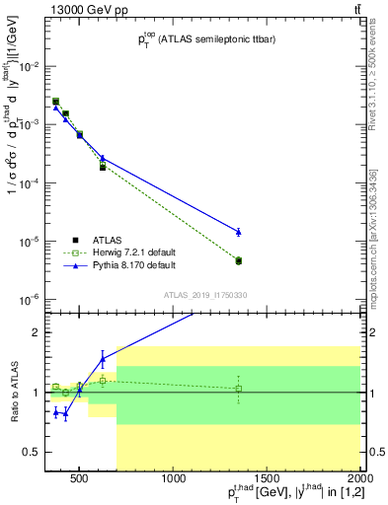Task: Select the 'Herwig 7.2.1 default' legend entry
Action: [x=130, y=252]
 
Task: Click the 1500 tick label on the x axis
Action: [x=268, y=480]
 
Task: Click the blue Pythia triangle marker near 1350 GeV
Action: [x=239, y=232]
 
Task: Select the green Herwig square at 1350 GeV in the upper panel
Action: [x=239, y=260]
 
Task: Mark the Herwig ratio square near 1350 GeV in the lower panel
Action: [x=239, y=389]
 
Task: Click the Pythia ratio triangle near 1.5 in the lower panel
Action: [x=103, y=359]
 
